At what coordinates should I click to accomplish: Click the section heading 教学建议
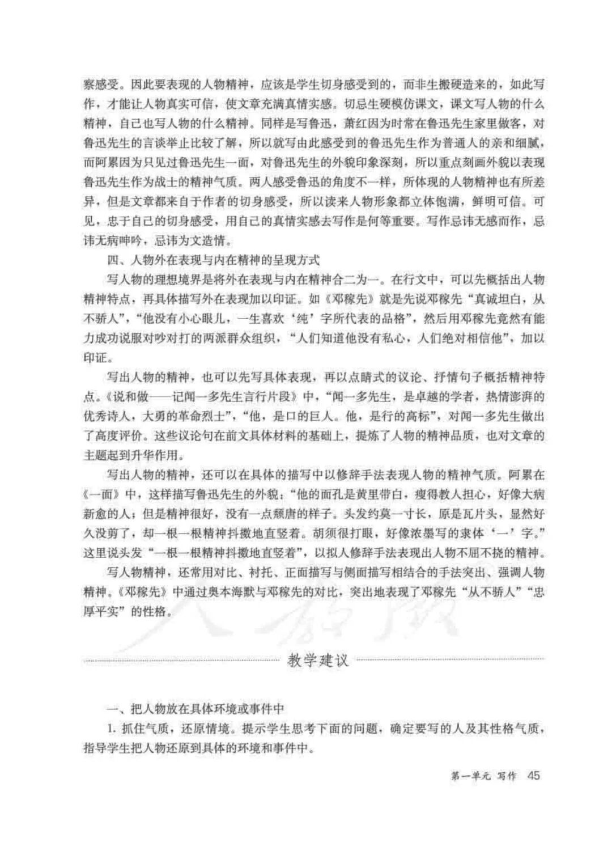pyautogui.click(x=318, y=661)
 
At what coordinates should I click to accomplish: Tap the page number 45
pyautogui.click(x=534, y=775)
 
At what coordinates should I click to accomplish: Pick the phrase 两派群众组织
pyautogui.click(x=236, y=339)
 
